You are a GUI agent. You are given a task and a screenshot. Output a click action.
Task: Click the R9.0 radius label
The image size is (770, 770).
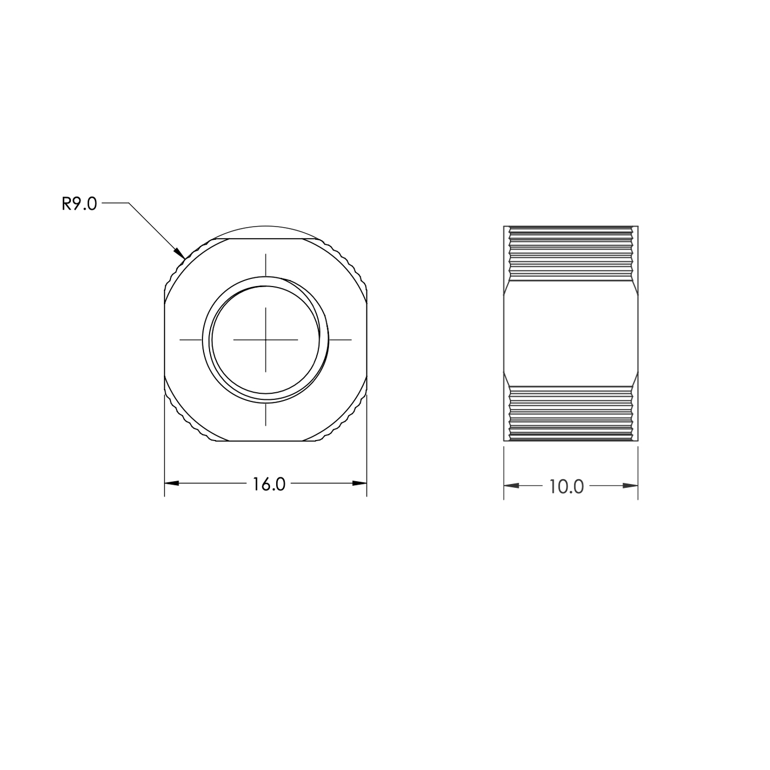coord(79,204)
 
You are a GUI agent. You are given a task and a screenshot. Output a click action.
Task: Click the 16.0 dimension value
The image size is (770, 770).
coord(269,485)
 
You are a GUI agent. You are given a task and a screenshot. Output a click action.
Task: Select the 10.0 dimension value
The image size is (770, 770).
coord(566,487)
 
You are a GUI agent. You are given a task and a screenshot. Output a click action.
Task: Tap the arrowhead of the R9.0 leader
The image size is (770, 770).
coord(179,253)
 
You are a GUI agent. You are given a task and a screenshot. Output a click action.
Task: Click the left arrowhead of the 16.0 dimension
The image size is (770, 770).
coord(172,483)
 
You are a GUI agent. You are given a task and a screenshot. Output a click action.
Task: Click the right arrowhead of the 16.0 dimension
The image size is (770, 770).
coord(360,483)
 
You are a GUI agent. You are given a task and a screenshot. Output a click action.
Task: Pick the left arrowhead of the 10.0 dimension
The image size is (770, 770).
coord(511,486)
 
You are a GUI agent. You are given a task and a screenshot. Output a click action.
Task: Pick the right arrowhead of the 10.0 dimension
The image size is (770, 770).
coord(630,486)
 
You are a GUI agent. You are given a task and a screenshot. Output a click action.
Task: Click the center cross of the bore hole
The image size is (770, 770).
coord(266,340)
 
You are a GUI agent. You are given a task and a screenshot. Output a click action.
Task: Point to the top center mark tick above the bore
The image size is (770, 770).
coord(266,265)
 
